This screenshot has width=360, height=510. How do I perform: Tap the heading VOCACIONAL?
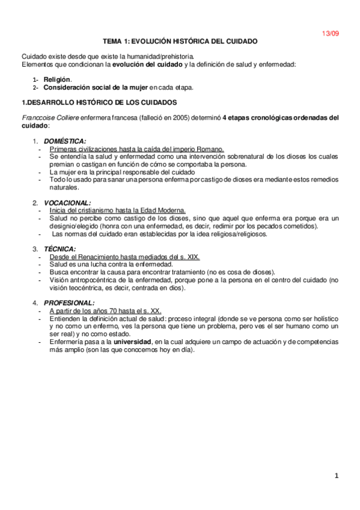click(68, 203)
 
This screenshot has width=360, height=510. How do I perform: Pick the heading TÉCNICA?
click(59, 248)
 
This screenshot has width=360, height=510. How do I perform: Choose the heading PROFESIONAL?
click(70, 303)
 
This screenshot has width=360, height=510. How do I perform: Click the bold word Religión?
click(57, 79)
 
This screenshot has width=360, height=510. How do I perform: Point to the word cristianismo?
click(91, 210)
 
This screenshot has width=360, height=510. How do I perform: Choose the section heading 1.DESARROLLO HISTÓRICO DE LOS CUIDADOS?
click(99, 102)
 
